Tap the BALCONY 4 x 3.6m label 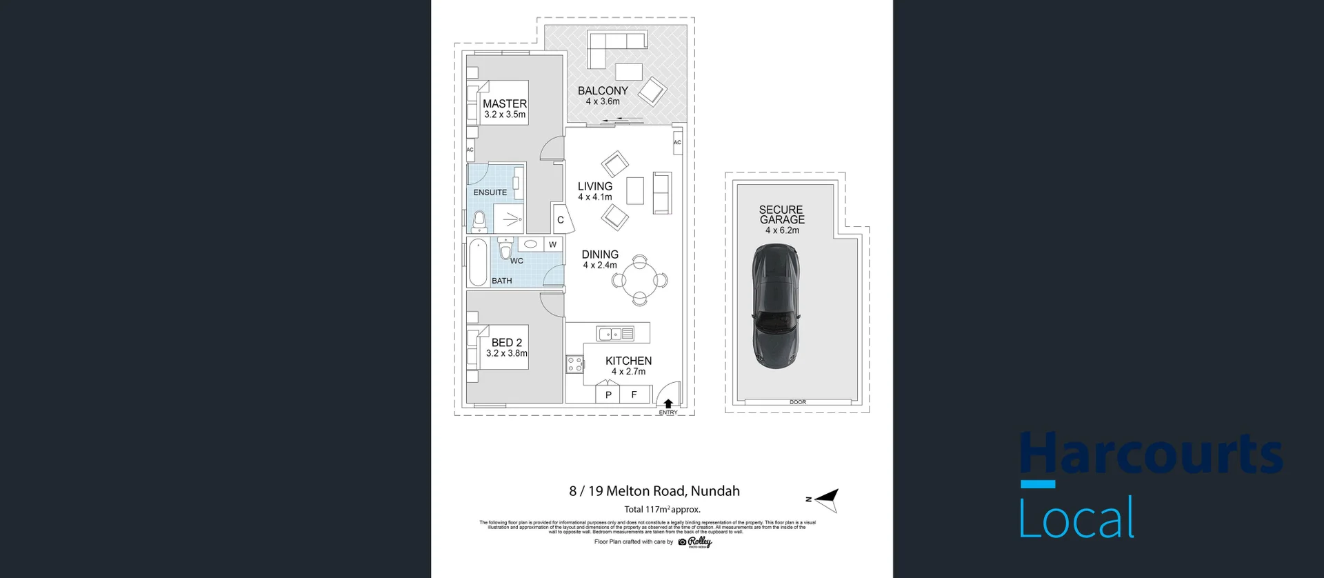click(603, 95)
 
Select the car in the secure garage click(776, 306)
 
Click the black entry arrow click(668, 403)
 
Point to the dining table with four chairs click(640, 280)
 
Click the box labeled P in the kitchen click(608, 395)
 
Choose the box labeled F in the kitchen click(634, 395)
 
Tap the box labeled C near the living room click(560, 220)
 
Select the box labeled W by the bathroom click(552, 244)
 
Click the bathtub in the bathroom click(477, 263)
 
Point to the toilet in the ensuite click(480, 221)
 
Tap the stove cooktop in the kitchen click(574, 364)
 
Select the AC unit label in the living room click(677, 143)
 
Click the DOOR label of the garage click(797, 401)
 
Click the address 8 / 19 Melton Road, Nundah click(654, 491)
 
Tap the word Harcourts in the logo click(1151, 454)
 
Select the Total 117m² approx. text click(662, 510)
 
